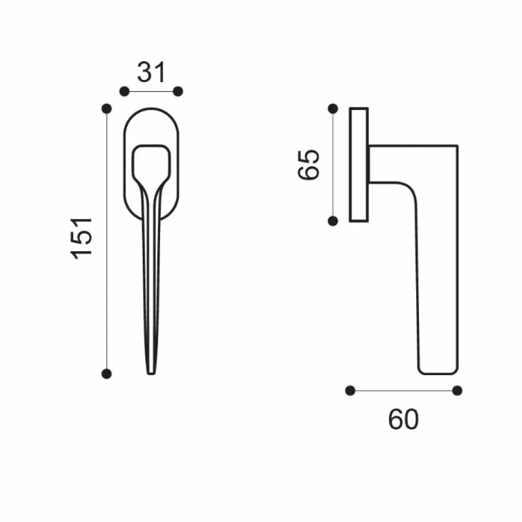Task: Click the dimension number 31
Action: pyautogui.click(x=151, y=72)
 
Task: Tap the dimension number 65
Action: pyautogui.click(x=309, y=164)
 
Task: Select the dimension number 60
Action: pyautogui.click(x=403, y=420)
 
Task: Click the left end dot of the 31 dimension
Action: pyautogui.click(x=124, y=91)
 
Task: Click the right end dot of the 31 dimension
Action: pyautogui.click(x=178, y=91)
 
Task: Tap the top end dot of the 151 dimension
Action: pyautogui.click(x=107, y=108)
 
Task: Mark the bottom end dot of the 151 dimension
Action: pyautogui.click(x=107, y=374)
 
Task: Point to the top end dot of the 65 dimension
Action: pyautogui.click(x=333, y=108)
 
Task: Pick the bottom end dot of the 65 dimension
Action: pyautogui.click(x=333, y=221)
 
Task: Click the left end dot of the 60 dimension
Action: pyautogui.click(x=350, y=390)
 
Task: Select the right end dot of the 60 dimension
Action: pyautogui.click(x=457, y=390)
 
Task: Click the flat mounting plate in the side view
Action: pyautogui.click(x=359, y=164)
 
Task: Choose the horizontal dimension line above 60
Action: pyautogui.click(x=403, y=390)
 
